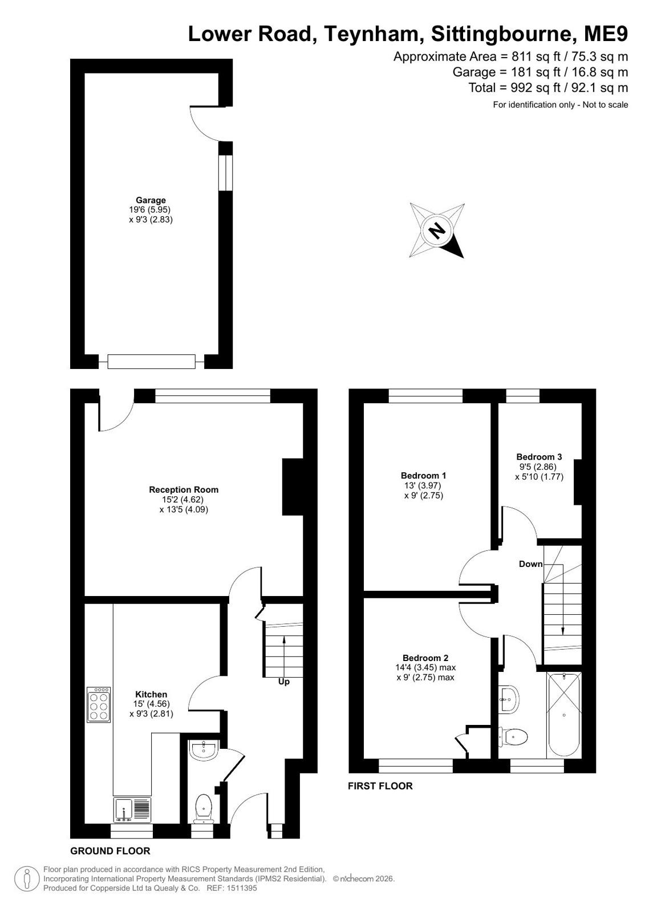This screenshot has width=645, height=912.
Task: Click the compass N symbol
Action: pyautogui.click(x=437, y=231)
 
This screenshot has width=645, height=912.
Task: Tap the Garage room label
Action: pyautogui.click(x=151, y=200)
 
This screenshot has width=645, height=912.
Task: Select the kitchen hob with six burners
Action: pyautogui.click(x=99, y=705)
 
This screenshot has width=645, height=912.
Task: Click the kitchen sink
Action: pyautogui.click(x=132, y=809)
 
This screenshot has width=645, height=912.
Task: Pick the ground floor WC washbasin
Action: pyautogui.click(x=204, y=750)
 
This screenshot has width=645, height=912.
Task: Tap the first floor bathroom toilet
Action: pyautogui.click(x=513, y=736)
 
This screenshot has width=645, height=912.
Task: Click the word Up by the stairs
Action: pyautogui.click(x=284, y=682)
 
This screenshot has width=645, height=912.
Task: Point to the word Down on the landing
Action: pyautogui.click(x=530, y=564)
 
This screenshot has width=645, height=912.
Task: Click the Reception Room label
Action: pyautogui.click(x=184, y=489)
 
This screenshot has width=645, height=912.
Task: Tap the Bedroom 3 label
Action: pyautogui.click(x=539, y=457)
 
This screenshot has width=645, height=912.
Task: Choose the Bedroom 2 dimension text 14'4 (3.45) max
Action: pyautogui.click(x=425, y=668)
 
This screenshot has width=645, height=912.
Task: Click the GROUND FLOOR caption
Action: pyautogui.click(x=110, y=851)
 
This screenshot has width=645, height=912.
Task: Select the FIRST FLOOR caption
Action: pyautogui.click(x=380, y=786)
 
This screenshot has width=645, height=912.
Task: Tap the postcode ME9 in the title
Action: pyautogui.click(x=606, y=34)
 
